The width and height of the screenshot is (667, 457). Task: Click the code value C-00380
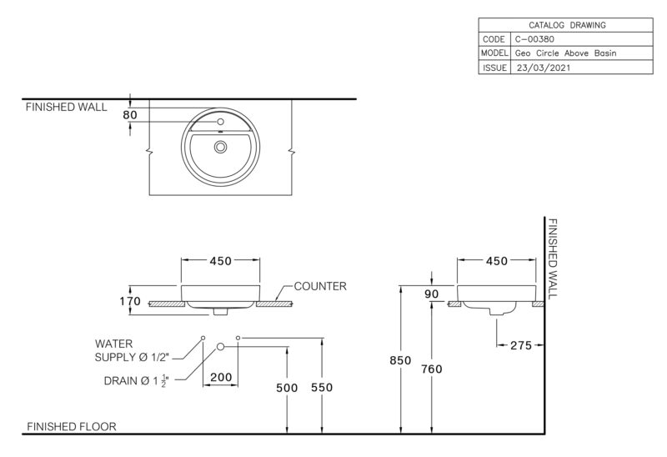(534, 39)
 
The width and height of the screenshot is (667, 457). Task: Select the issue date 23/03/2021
(544, 68)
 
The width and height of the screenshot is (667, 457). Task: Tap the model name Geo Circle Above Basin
(565, 53)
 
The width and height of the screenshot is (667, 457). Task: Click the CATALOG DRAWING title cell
(567, 25)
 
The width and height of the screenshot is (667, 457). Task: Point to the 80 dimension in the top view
(130, 115)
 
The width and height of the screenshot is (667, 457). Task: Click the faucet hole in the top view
(220, 122)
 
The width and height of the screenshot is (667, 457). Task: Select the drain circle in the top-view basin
(220, 148)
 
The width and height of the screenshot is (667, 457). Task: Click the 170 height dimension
(130, 301)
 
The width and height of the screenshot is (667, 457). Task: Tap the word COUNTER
(320, 286)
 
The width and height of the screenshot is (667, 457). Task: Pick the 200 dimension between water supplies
(221, 377)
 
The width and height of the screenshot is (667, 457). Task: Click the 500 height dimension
(287, 388)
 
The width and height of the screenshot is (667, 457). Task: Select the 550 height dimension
(322, 387)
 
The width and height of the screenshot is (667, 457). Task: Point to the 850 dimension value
(400, 360)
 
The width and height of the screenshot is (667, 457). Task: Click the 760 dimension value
(432, 369)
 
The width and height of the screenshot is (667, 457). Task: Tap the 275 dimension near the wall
(521, 345)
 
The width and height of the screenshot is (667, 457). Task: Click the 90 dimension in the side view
(431, 294)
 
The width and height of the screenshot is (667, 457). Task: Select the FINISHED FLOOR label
(72, 426)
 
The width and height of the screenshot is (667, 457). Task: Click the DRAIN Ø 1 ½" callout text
(137, 381)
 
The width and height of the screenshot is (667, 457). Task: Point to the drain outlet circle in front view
(220, 347)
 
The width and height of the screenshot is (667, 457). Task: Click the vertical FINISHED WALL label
(552, 259)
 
